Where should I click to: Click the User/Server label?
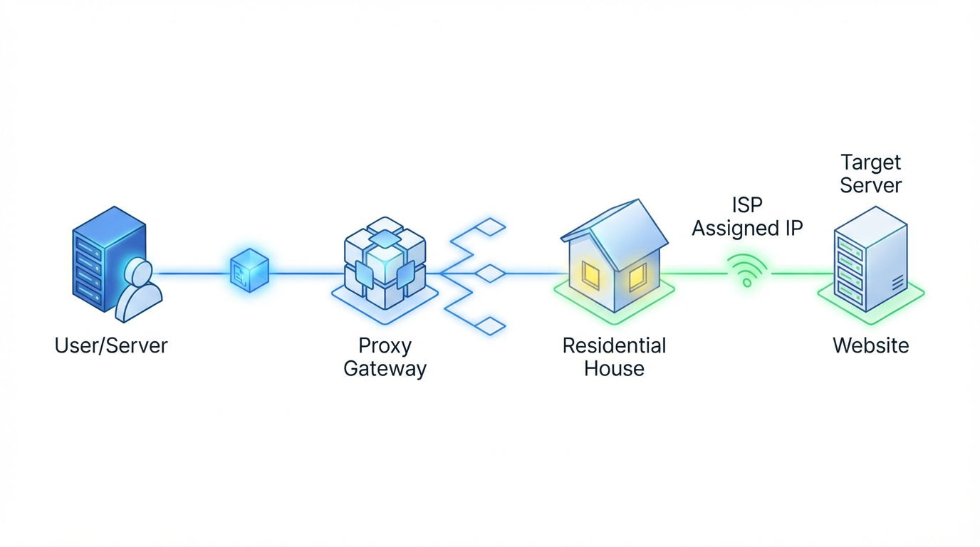point(111,346)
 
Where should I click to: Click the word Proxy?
point(385,346)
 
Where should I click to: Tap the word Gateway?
point(385,369)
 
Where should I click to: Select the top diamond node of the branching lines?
point(489,227)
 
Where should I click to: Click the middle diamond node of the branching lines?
point(489,273)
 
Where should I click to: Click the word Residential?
point(614,346)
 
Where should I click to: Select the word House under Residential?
point(614,369)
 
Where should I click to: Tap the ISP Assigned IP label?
point(747,217)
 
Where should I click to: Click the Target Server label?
point(870,174)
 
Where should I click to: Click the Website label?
point(870,346)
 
